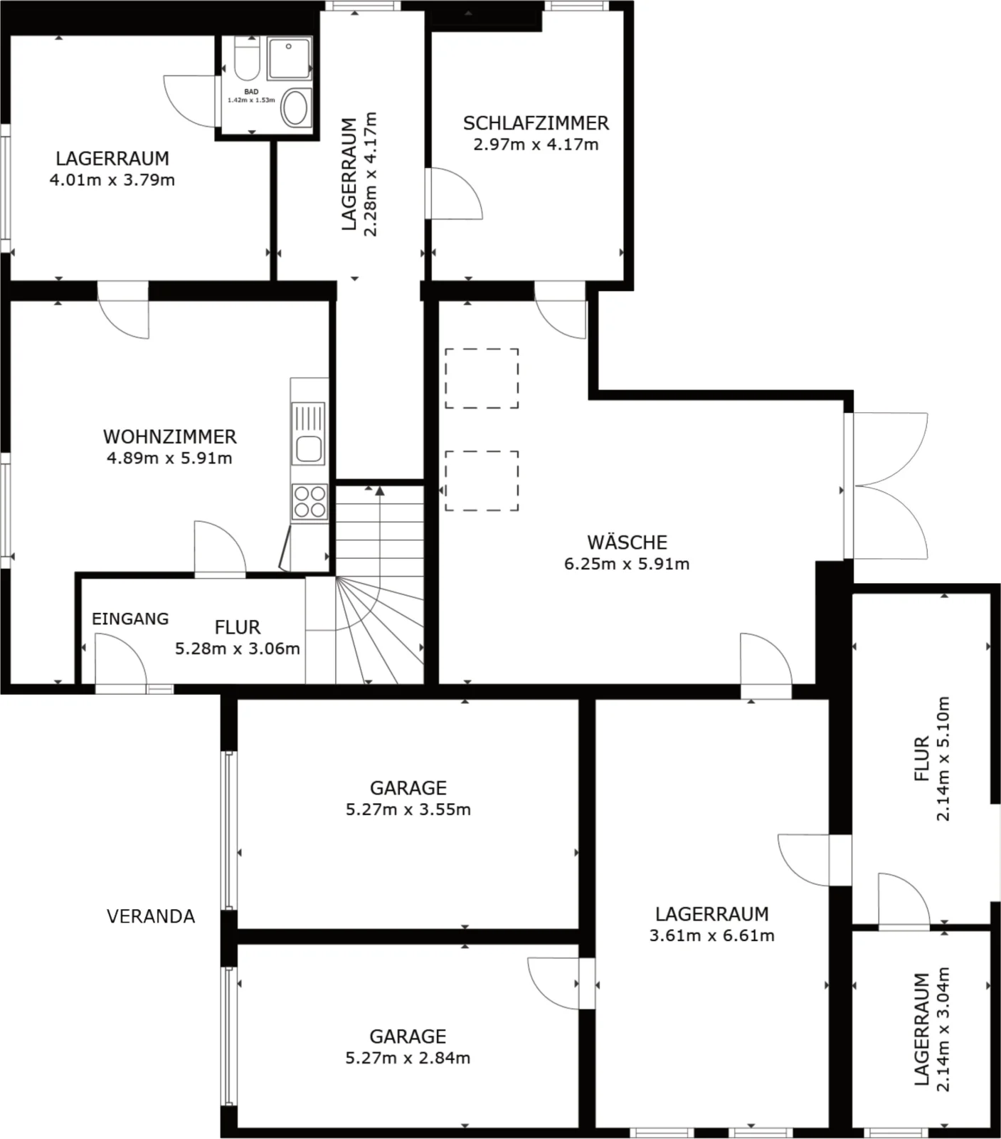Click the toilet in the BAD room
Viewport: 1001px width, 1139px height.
click(246, 58)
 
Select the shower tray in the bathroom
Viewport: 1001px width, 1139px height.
click(289, 58)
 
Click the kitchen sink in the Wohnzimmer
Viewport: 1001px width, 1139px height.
click(309, 432)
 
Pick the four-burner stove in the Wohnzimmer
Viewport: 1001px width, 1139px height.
click(310, 501)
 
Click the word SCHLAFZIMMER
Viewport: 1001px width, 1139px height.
click(536, 123)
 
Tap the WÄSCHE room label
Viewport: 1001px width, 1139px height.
click(627, 542)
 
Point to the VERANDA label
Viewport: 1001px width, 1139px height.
click(151, 916)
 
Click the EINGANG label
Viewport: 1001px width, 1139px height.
click(130, 619)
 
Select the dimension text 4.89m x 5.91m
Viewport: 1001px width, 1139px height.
click(169, 458)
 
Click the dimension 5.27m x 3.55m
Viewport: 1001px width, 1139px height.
click(408, 809)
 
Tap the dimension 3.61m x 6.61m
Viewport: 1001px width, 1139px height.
click(711, 935)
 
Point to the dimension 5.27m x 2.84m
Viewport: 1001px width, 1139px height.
click(408, 1058)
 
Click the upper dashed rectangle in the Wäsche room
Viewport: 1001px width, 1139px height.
click(482, 378)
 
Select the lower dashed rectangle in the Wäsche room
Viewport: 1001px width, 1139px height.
click(482, 481)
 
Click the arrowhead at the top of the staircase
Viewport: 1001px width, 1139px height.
click(380, 490)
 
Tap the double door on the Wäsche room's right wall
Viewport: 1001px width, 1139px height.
click(886, 485)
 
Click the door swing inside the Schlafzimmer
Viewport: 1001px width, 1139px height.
click(453, 193)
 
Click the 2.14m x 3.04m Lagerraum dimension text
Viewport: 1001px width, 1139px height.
click(933, 1029)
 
